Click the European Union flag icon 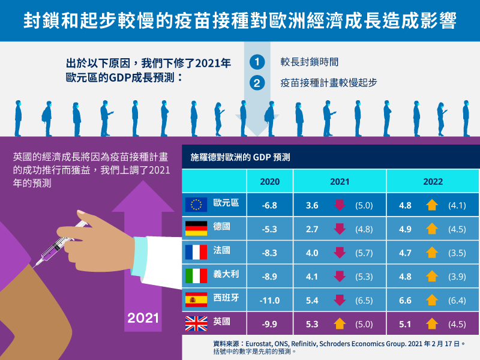[195, 205]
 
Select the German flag [195, 229]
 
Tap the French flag [195, 252]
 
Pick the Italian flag [195, 276]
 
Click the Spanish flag [195, 300]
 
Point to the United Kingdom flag [195, 324]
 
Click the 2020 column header [269, 181]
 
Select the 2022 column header [432, 181]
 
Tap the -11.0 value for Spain [269, 300]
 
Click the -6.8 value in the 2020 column [269, 205]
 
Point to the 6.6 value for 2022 [405, 300]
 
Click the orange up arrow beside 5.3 [340, 324]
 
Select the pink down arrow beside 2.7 [340, 229]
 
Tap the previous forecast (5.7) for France [364, 253]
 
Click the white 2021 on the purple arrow [143, 319]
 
